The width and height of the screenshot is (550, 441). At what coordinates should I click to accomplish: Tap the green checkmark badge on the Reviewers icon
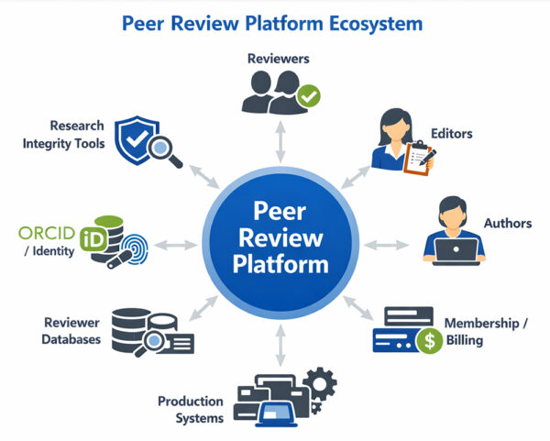coord(311,95)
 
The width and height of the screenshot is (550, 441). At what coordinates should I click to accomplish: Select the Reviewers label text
coord(279,59)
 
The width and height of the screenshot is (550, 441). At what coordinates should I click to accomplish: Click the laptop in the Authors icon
coord(456,248)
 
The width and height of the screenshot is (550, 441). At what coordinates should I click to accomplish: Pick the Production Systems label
coord(191,410)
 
